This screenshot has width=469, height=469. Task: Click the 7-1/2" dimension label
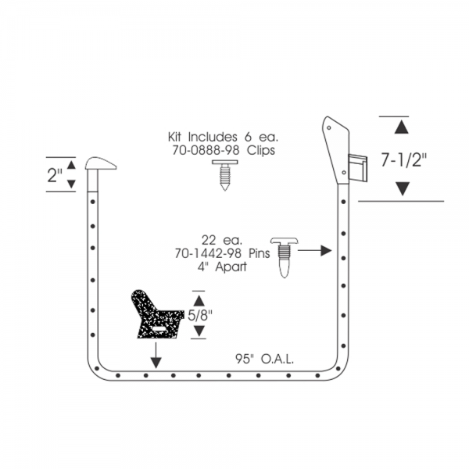(x=403, y=159)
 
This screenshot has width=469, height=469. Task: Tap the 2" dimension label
(x=55, y=175)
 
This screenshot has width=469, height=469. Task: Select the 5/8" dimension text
(x=200, y=315)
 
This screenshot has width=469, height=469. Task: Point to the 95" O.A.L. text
(x=264, y=359)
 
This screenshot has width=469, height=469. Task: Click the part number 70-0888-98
(x=206, y=150)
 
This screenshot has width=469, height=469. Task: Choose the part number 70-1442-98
(x=208, y=253)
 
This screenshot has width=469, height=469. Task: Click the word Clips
(x=261, y=150)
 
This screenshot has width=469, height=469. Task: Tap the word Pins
(x=260, y=253)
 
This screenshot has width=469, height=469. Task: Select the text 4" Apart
(x=222, y=267)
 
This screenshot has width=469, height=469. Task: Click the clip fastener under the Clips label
(x=225, y=175)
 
